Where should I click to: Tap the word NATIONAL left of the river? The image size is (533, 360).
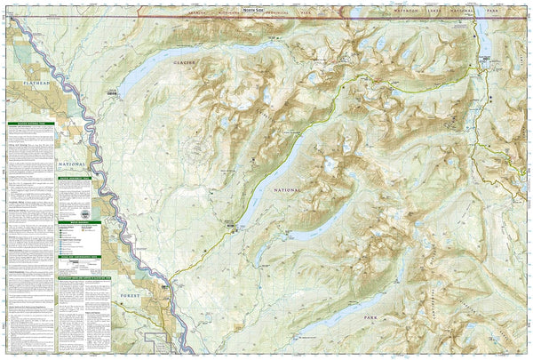point(73,164)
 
